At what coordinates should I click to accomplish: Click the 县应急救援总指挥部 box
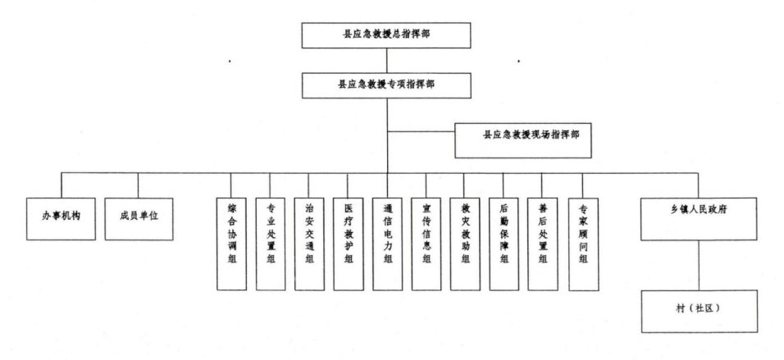pos(386,37)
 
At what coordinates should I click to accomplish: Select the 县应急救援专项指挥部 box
pos(386,84)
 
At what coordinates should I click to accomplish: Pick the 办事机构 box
pos(56,217)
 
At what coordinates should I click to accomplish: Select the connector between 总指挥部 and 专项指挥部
pos(386,61)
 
